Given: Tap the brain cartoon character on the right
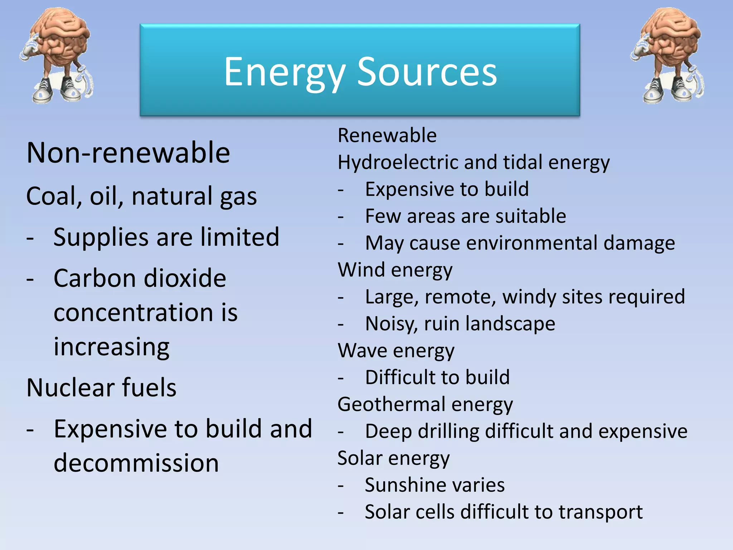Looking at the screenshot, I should pyautogui.click(x=668, y=56).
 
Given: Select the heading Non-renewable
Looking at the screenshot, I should pyautogui.click(x=128, y=153).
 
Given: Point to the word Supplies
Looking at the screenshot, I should pyautogui.click(x=101, y=238).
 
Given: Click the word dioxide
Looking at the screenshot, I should pyautogui.click(x=185, y=279).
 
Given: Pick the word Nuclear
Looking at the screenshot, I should pyautogui.click(x=69, y=388).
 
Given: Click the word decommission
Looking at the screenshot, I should pyautogui.click(x=136, y=463).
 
